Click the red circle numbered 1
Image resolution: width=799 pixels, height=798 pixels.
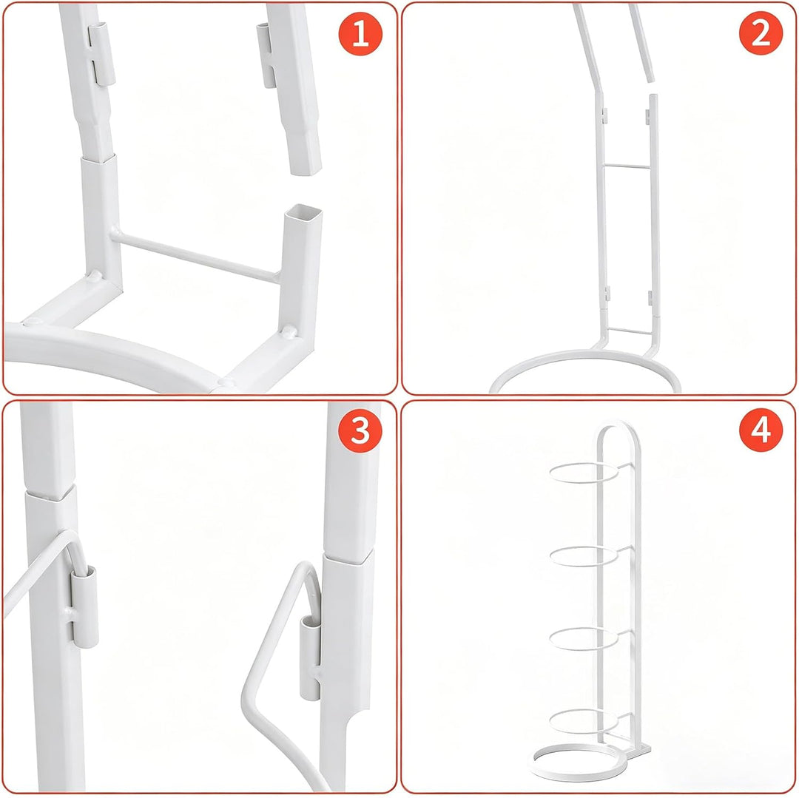[x=360, y=33]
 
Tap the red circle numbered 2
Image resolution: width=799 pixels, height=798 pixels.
[x=761, y=33]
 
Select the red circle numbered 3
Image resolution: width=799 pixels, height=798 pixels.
[x=360, y=431]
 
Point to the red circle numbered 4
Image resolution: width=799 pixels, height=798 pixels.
[x=761, y=431]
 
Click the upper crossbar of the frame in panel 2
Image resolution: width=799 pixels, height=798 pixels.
[x=627, y=166]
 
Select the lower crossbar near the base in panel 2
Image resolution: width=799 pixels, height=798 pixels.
[x=630, y=331]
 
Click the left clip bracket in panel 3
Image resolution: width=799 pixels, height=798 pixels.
[x=84, y=606]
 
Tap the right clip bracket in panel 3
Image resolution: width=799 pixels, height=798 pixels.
[x=310, y=657]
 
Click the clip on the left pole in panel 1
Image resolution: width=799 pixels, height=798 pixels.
[x=101, y=53]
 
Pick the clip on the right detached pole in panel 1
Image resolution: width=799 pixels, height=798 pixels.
[x=265, y=55]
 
